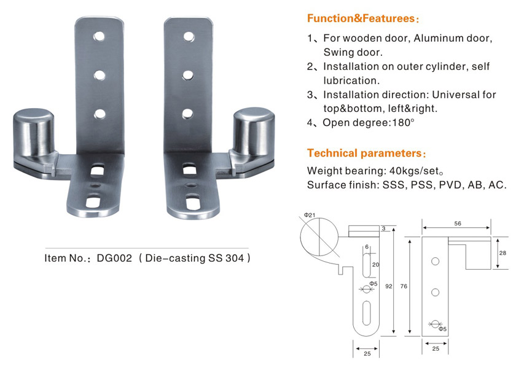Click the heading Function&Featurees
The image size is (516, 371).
click(x=361, y=18)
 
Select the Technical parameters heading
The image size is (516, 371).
click(x=364, y=154)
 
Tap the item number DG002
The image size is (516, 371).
click(x=114, y=258)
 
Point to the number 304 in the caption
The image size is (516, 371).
click(x=235, y=258)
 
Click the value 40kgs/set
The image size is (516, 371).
click(x=414, y=171)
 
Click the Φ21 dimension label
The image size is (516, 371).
click(x=310, y=215)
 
